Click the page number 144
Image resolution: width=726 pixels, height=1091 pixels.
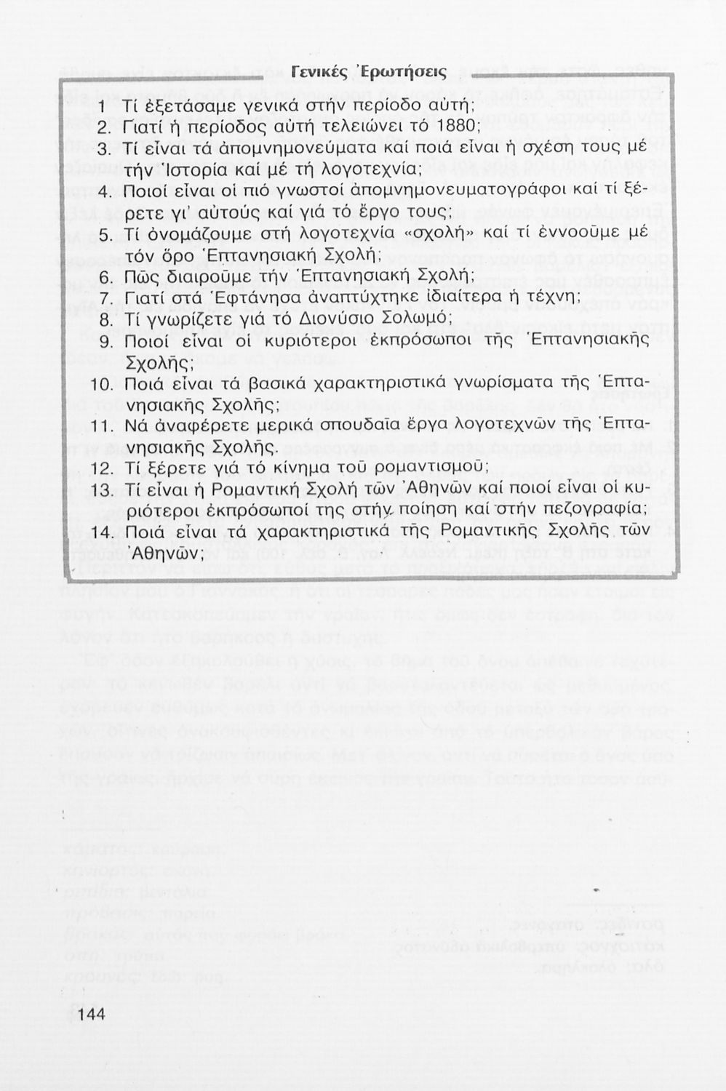[x=91, y=1015]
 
